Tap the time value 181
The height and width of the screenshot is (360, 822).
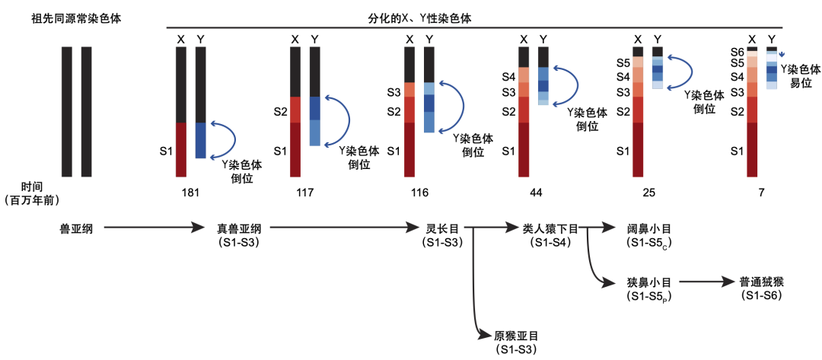190,193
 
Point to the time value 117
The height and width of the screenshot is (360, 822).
304,193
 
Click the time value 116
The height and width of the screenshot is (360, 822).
419,193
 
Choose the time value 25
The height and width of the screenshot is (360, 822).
648,193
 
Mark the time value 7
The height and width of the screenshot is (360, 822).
762,193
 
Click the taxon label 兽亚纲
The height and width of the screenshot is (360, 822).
76,228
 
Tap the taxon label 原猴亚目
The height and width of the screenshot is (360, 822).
515,336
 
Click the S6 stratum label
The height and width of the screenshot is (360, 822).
736,51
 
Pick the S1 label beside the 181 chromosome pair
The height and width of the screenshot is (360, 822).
165,151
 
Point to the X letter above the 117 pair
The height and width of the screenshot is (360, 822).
295,39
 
